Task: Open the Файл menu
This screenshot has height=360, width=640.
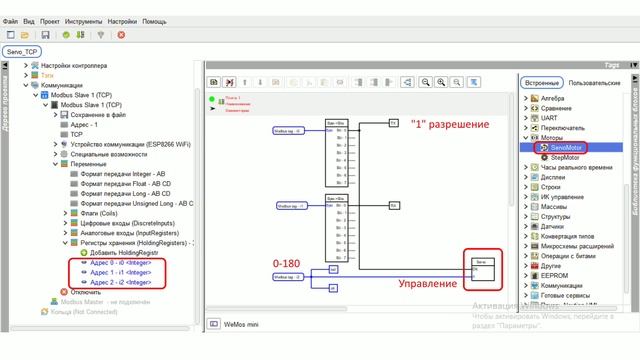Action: (x=11, y=20)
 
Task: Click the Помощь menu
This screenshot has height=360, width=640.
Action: (x=155, y=20)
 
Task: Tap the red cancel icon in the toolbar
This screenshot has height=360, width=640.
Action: (x=121, y=34)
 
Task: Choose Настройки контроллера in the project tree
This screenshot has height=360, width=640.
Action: (x=74, y=65)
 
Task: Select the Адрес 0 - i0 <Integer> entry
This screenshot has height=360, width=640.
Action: (x=120, y=263)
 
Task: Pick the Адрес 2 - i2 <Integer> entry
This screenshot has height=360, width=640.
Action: (x=120, y=282)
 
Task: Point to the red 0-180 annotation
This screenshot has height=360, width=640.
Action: (x=287, y=262)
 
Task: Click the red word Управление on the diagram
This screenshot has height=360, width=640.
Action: (x=428, y=283)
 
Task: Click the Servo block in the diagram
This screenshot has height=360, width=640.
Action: (x=480, y=268)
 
